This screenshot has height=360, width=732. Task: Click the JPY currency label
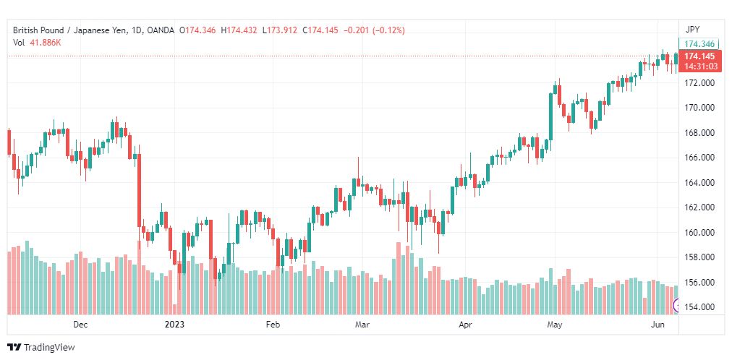coord(692,30)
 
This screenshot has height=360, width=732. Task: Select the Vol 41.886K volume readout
coord(37,43)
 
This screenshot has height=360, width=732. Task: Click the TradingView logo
coord(41,348)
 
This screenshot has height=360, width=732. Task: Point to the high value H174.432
coord(239,30)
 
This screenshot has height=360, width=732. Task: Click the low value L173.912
coord(280,30)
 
